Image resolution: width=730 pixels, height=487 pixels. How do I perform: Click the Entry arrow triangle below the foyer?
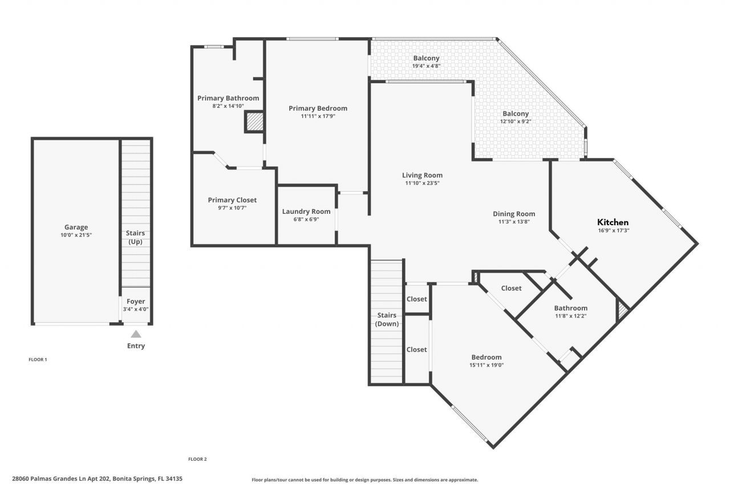(x=136, y=334)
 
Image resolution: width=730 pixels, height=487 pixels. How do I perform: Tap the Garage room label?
(x=76, y=227)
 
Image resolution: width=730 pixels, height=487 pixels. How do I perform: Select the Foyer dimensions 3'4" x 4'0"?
(x=136, y=309)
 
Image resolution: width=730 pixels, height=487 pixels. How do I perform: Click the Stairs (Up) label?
(x=135, y=237)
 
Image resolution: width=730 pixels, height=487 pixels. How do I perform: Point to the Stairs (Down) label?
(x=386, y=319)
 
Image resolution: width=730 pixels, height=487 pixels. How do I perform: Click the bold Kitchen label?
(x=613, y=222)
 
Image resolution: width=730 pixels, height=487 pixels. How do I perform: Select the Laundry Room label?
(x=306, y=212)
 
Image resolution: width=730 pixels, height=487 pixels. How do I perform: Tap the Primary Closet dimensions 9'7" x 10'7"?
(x=232, y=208)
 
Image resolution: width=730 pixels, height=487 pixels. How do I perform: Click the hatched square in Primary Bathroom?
(x=254, y=121)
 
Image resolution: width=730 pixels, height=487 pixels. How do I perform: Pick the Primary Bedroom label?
(x=318, y=108)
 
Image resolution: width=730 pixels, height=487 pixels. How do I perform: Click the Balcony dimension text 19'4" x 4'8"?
(x=426, y=66)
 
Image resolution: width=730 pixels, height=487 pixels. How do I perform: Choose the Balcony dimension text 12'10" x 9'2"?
(x=515, y=121)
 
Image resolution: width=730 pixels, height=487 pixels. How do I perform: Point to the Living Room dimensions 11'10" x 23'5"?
(x=422, y=183)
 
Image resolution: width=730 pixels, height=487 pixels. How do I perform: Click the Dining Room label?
(x=514, y=214)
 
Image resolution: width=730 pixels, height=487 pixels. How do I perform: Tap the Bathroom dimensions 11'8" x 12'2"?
(x=570, y=316)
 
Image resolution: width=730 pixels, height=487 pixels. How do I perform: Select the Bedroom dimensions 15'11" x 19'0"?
(x=486, y=365)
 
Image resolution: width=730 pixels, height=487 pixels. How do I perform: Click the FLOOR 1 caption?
(x=38, y=360)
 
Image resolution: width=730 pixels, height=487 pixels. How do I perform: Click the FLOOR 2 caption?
(x=197, y=459)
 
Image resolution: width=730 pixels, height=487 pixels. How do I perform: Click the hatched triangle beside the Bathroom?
(x=623, y=311)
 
